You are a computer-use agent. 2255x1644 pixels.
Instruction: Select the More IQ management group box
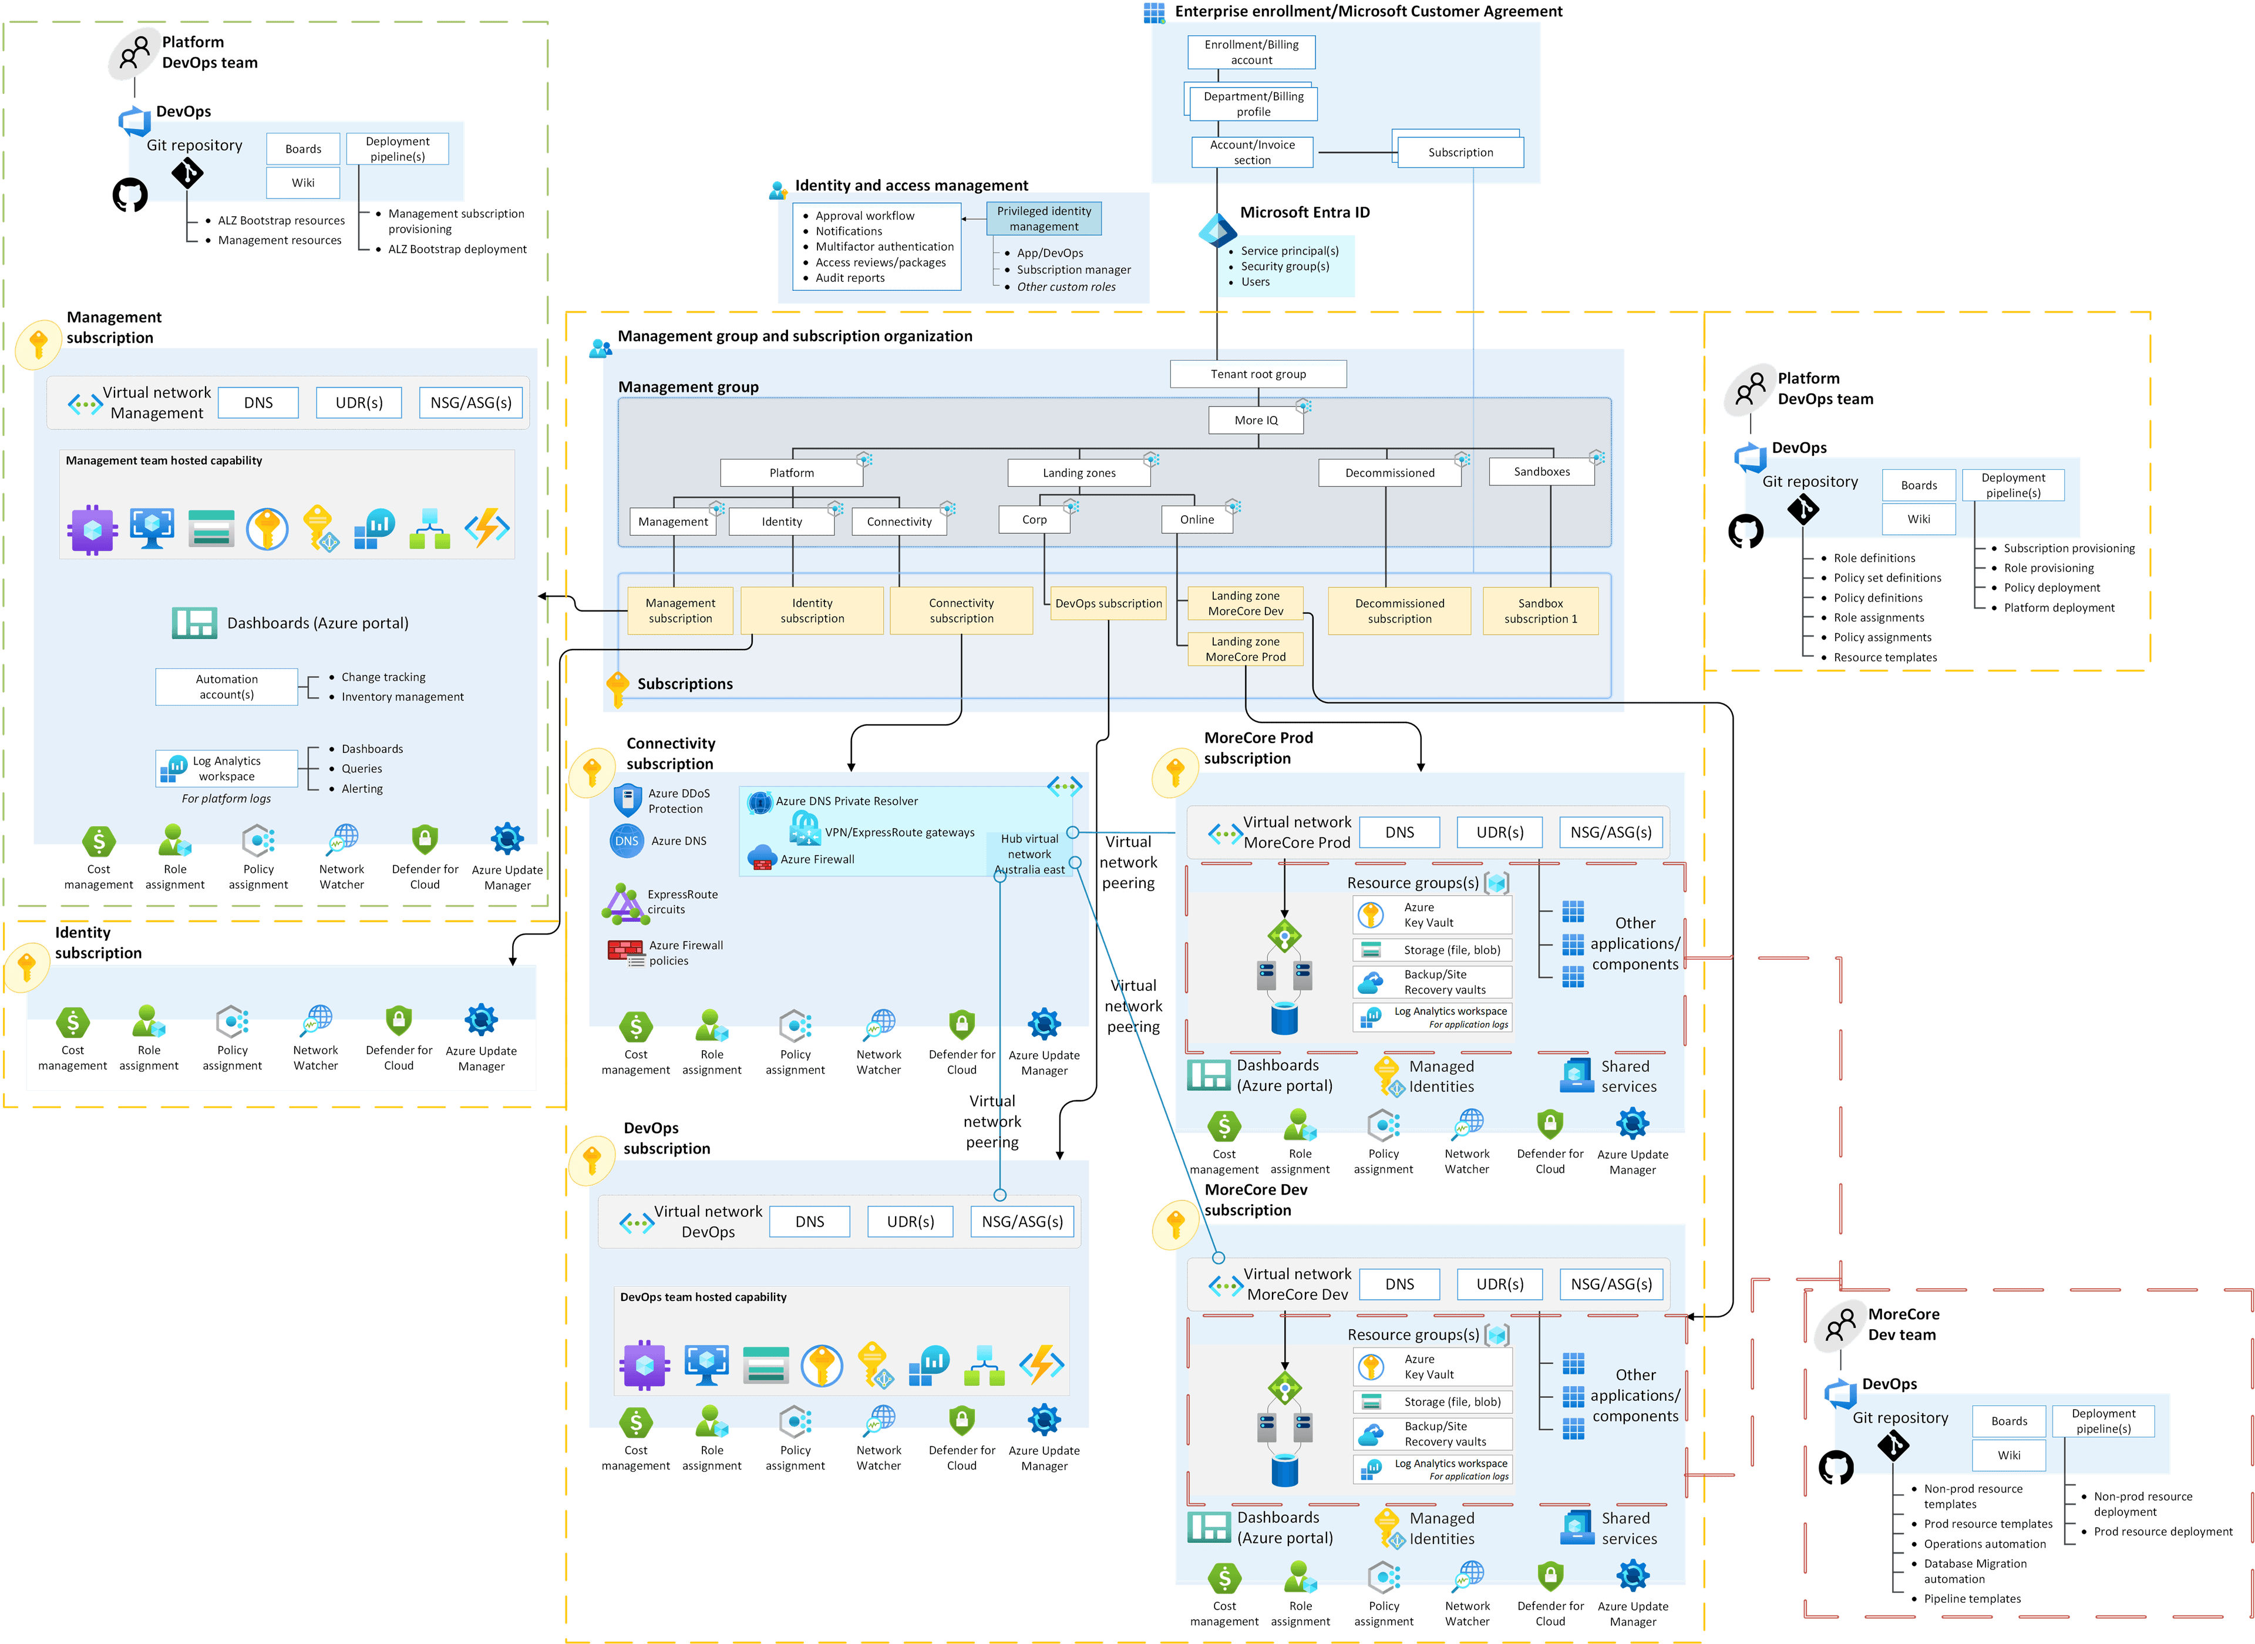pos(1256,420)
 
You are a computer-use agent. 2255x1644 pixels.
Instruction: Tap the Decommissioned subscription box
pos(1399,611)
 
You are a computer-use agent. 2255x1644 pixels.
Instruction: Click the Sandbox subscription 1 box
pos(1540,611)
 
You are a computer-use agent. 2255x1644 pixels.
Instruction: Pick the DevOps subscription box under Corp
pos(1108,603)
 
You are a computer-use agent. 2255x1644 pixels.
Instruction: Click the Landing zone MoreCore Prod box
pos(1246,650)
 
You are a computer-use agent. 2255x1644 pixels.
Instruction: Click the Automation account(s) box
pos(227,687)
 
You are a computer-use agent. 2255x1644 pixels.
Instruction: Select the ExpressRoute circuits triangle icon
pos(622,903)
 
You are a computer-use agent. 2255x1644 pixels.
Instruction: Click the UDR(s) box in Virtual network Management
pos(359,403)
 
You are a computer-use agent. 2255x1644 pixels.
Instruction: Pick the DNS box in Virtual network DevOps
pos(810,1221)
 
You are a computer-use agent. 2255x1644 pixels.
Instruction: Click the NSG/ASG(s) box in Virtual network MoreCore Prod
pos(1610,832)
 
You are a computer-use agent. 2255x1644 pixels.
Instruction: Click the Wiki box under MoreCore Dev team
pos(2008,1455)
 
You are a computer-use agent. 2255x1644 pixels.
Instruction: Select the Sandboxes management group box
pos(1541,472)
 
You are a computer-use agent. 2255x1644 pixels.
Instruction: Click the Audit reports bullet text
pos(850,278)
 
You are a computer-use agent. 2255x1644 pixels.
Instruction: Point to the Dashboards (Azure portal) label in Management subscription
pos(317,623)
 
